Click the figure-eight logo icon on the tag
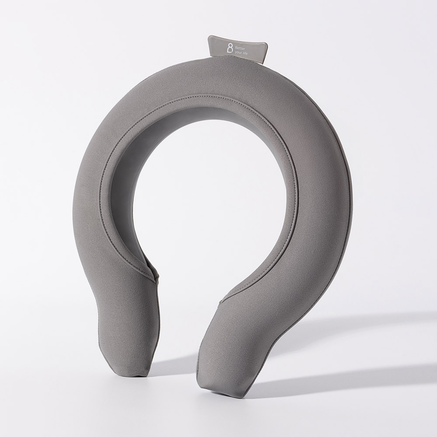click(230, 49)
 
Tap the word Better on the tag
click(240, 49)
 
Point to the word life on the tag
click(244, 53)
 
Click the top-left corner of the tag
click(209, 36)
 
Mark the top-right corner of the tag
click(268, 42)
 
